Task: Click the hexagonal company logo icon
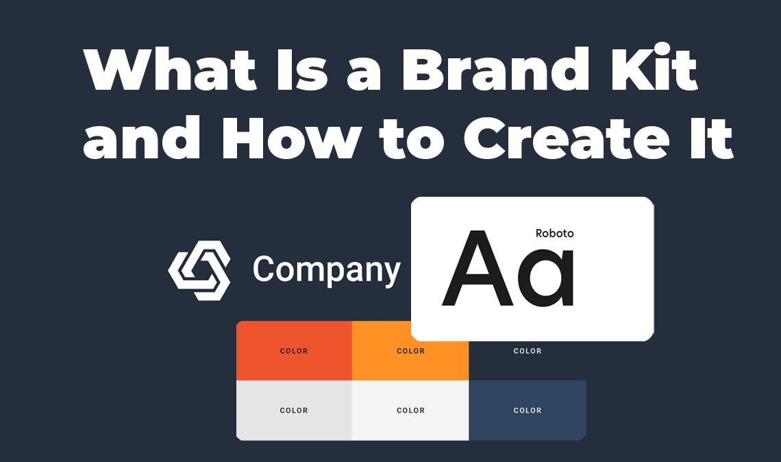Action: [x=199, y=270]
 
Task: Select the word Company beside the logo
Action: [x=326, y=271]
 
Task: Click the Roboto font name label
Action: [x=554, y=233]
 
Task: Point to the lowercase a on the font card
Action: [x=546, y=278]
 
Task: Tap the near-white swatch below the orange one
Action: [x=410, y=425]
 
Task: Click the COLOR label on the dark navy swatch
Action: [x=528, y=351]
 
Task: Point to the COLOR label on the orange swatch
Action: [x=410, y=351]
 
